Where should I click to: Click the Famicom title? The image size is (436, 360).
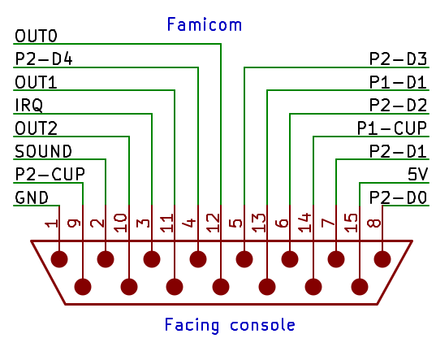click(x=205, y=24)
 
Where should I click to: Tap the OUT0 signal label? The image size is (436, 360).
click(x=37, y=37)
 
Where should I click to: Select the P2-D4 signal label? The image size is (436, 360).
click(x=44, y=59)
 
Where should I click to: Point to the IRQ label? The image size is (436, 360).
click(x=29, y=106)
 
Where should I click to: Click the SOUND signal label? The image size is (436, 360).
click(x=43, y=152)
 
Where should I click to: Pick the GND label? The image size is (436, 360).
click(x=32, y=197)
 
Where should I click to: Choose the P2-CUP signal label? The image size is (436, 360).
click(x=50, y=175)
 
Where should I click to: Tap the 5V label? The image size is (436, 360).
click(x=417, y=175)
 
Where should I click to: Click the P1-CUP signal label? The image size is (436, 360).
click(x=392, y=128)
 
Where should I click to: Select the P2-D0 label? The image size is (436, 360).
click(x=398, y=197)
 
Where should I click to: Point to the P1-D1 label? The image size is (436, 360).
click(x=398, y=82)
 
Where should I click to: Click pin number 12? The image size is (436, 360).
click(x=214, y=223)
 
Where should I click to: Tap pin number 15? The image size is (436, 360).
click(x=351, y=223)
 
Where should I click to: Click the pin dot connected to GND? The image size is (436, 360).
click(x=59, y=259)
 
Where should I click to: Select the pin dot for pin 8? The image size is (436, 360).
click(x=382, y=259)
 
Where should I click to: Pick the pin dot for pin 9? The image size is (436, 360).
click(x=83, y=287)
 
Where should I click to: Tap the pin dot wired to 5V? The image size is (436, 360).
click(x=360, y=287)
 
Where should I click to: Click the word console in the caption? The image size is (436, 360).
click(x=262, y=326)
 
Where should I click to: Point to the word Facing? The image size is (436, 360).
click(x=192, y=326)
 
